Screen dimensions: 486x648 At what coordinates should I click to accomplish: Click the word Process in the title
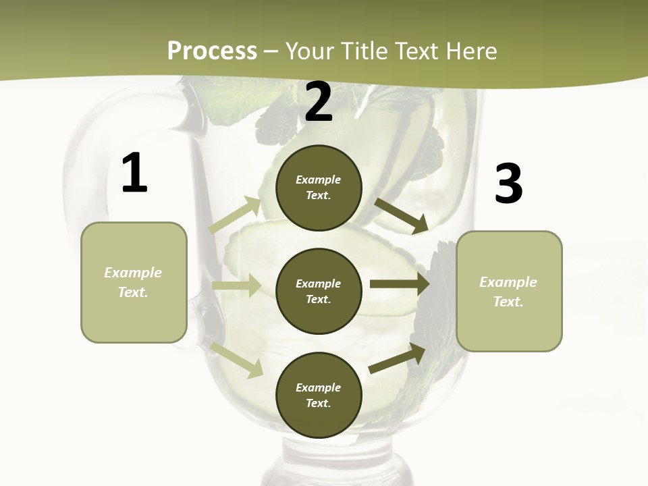click(212, 51)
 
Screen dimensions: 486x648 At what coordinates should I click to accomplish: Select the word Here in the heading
click(471, 51)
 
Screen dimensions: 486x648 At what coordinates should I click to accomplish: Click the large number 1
click(134, 173)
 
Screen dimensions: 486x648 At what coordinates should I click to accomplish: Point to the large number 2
click(319, 102)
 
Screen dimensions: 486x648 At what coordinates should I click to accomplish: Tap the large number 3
click(508, 184)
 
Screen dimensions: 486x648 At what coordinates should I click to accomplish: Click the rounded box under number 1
click(134, 282)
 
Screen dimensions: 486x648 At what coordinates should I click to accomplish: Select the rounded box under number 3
click(509, 291)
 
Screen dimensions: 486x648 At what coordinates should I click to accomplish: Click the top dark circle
click(319, 188)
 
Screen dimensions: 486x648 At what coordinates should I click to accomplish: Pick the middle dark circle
click(319, 291)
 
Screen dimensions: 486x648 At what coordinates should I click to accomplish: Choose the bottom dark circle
click(319, 395)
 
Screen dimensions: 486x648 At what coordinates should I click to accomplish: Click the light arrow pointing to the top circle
click(235, 215)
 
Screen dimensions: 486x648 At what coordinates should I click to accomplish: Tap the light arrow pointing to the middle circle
click(236, 286)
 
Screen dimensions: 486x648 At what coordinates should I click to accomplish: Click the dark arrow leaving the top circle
click(401, 215)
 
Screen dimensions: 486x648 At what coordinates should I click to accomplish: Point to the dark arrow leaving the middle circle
click(400, 283)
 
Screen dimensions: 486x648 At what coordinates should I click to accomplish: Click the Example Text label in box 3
click(508, 292)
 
